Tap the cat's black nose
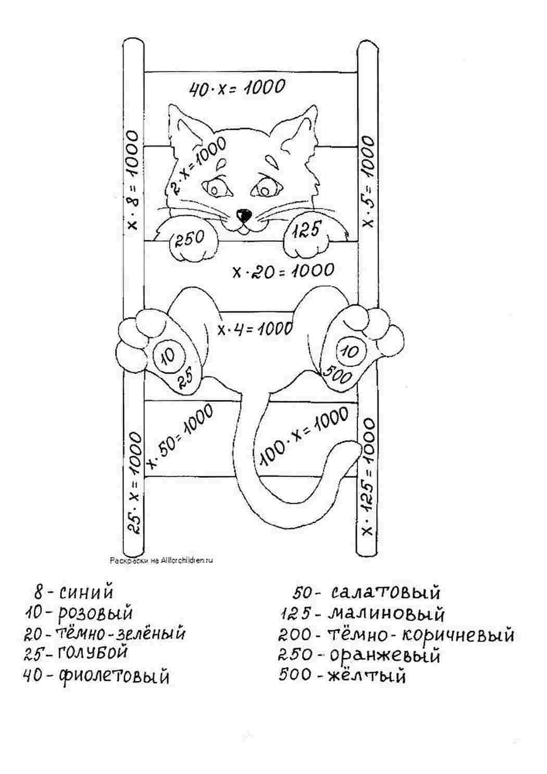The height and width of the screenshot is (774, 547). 244,215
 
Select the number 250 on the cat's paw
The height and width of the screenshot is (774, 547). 189,238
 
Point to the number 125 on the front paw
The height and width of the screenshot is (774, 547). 307,228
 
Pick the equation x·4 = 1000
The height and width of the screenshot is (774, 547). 255,328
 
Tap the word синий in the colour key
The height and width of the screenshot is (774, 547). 86,592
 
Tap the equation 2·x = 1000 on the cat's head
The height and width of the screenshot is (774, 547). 197,167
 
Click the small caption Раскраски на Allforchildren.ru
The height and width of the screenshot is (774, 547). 161,560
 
